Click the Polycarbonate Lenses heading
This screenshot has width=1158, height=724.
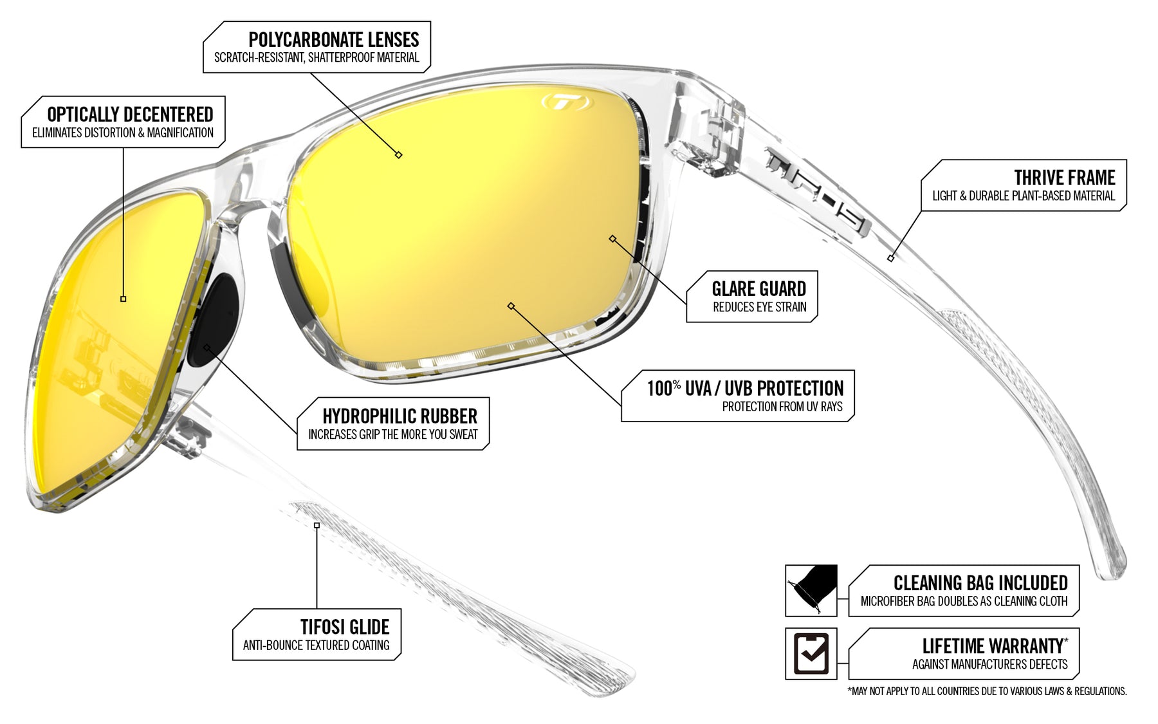(x=333, y=40)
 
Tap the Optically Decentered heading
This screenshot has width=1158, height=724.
(x=130, y=115)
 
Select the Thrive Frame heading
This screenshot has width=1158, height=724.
(x=1064, y=178)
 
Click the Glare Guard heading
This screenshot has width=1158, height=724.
(x=758, y=289)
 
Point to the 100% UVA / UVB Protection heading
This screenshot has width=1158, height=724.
(x=745, y=388)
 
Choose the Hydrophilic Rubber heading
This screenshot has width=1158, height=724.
(x=400, y=416)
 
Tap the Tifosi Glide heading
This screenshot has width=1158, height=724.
(x=344, y=627)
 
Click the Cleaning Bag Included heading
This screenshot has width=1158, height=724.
(x=980, y=583)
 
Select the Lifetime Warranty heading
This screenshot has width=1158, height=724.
(x=993, y=645)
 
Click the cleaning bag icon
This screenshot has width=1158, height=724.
(x=811, y=590)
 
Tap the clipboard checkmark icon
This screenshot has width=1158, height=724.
(x=811, y=653)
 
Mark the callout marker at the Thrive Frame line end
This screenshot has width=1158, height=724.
(x=890, y=258)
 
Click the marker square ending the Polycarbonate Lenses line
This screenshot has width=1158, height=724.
(x=399, y=155)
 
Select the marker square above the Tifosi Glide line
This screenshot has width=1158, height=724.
(x=317, y=525)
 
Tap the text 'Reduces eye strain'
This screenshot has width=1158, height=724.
(x=759, y=307)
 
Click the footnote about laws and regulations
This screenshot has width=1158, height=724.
(x=987, y=691)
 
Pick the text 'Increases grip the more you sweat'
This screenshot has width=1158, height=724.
(x=392, y=434)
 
